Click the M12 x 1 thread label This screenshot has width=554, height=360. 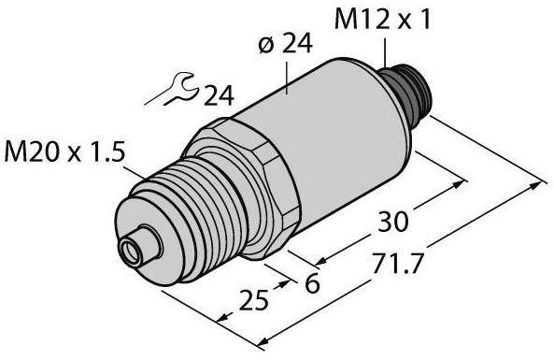click(x=383, y=20)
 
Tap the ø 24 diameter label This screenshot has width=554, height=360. click(x=286, y=45)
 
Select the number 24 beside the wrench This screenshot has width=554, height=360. click(x=219, y=95)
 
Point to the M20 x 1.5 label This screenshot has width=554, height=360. click(x=64, y=152)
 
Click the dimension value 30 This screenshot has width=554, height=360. click(x=393, y=222)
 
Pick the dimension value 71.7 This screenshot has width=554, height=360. click(x=398, y=264)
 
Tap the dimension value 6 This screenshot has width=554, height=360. click(x=312, y=283)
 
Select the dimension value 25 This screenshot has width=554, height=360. click(x=254, y=301)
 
